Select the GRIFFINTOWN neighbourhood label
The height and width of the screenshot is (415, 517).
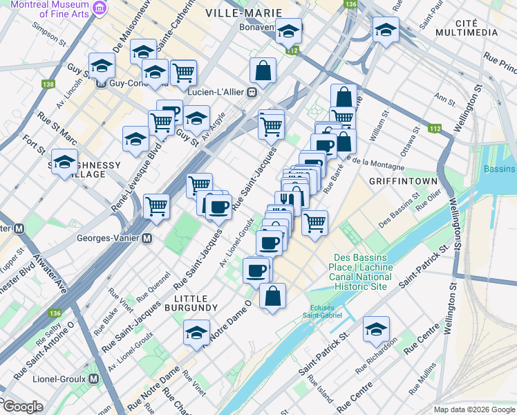point(404,181)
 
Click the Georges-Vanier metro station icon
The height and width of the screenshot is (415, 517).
point(147,238)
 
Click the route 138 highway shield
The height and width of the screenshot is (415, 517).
point(48,84)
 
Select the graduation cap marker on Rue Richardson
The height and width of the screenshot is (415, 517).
point(376,329)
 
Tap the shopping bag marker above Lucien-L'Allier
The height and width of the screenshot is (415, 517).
point(263,71)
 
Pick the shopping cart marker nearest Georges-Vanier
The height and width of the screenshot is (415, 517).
point(157,206)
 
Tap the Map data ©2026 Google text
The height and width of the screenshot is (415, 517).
point(474,409)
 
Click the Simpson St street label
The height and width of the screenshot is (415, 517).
point(46,37)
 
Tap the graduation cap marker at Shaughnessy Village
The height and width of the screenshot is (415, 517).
point(65,163)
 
